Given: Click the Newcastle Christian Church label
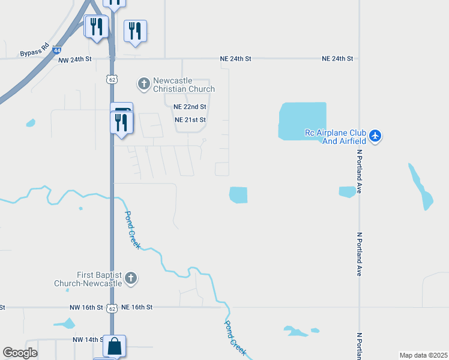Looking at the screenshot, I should (x=184, y=85).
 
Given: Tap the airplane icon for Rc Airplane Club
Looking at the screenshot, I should (x=375, y=136).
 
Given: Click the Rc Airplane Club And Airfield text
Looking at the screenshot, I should (x=335, y=137).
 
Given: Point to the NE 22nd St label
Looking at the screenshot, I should (x=190, y=107).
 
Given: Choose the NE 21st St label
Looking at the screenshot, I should (x=190, y=120).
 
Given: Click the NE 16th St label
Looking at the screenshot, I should (x=137, y=307).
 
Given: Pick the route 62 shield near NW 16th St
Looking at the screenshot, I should (x=112, y=308).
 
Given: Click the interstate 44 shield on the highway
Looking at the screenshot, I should (x=56, y=51).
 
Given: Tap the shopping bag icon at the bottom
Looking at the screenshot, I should (x=114, y=346).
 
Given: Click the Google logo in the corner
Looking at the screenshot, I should (x=20, y=353).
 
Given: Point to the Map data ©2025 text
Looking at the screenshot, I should (x=423, y=355).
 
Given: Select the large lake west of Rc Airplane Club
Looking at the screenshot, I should (x=302, y=121).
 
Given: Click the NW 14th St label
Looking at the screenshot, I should (x=86, y=340).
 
